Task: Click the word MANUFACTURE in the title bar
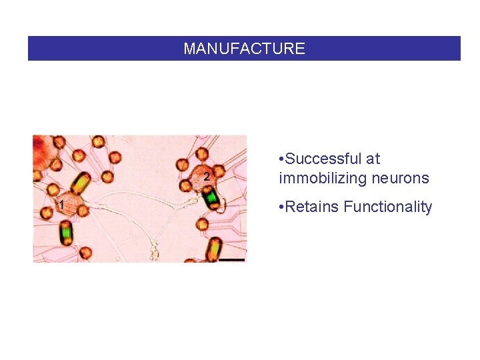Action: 244,49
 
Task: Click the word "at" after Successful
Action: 373,159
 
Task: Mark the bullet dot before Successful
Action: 283,159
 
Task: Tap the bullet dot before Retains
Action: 283,207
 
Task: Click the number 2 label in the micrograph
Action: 206,177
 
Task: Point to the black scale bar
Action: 231,259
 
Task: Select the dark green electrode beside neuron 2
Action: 211,197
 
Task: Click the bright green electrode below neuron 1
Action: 67,233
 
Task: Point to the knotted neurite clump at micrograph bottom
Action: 155,252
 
